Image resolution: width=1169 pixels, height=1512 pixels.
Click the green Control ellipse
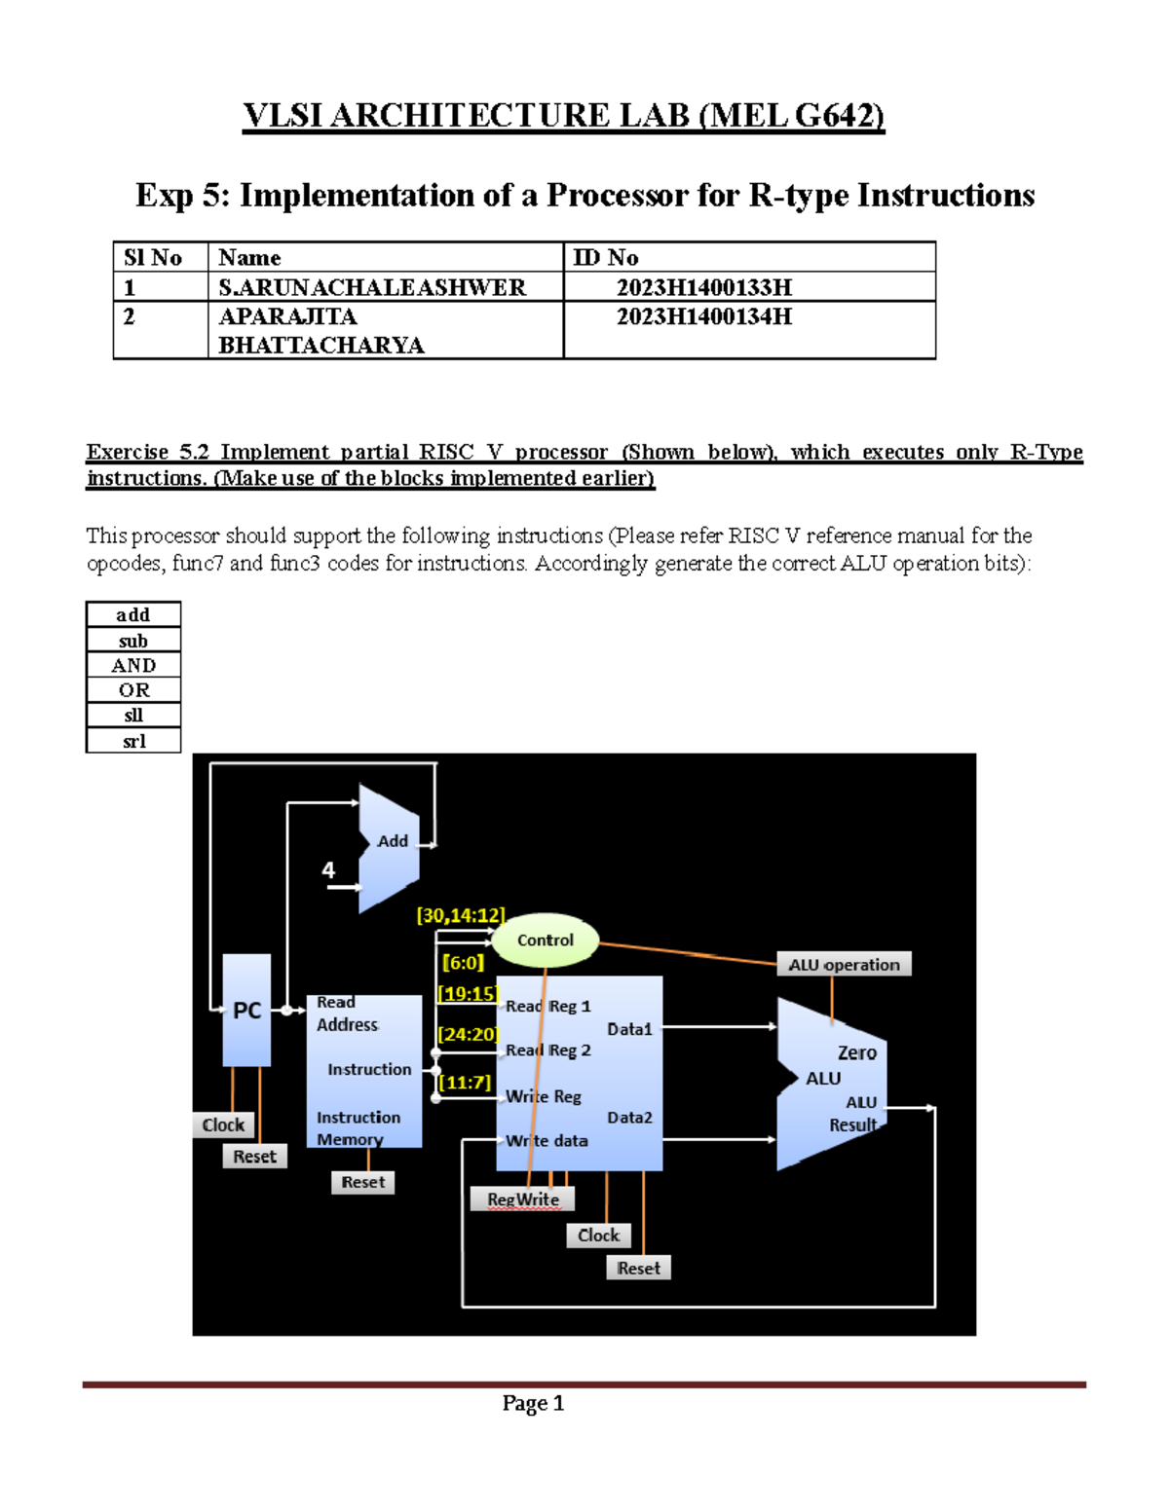coord(545,940)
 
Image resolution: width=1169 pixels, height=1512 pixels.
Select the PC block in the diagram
coord(246,1011)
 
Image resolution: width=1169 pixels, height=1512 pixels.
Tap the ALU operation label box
coord(844,965)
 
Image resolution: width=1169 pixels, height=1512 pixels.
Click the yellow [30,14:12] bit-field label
coord(461,915)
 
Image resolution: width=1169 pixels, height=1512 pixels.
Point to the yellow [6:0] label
coord(463,963)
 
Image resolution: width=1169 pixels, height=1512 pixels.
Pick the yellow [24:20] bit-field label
coord(468,1034)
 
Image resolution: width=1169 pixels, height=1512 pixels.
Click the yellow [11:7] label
coord(465,1083)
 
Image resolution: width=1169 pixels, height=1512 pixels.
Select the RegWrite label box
coord(523,1199)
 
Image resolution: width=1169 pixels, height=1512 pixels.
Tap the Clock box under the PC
coord(223,1125)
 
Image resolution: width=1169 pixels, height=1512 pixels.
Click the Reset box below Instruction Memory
coord(362,1182)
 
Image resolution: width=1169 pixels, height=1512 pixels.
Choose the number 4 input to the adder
coord(328,870)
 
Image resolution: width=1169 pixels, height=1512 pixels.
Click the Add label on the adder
coord(393,841)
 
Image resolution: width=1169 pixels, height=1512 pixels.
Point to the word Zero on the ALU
coord(857,1052)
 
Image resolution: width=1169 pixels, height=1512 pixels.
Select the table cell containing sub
coord(133,641)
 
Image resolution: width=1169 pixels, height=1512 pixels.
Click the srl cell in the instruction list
coord(133,741)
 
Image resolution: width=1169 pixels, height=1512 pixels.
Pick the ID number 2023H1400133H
coord(703,287)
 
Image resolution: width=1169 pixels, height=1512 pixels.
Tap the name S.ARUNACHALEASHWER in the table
coord(372,287)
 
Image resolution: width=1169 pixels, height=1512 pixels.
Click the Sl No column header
coord(153,258)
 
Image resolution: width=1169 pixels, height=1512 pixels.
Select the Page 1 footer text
coord(533,1403)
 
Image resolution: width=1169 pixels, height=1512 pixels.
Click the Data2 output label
coord(629,1118)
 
